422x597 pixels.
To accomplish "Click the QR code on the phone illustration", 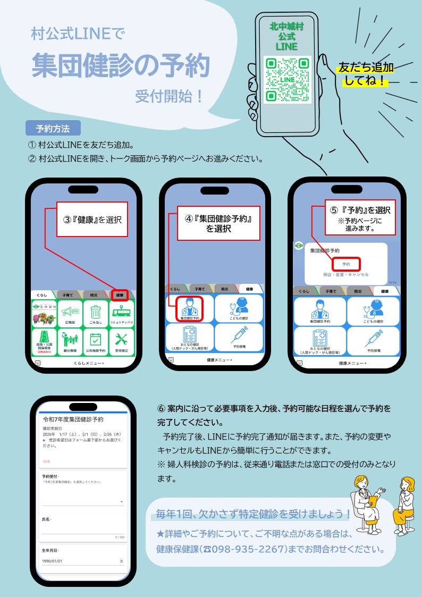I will point(287,79).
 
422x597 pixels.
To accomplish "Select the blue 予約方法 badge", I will point(53,128).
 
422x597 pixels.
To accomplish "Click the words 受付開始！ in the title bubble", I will point(168,97).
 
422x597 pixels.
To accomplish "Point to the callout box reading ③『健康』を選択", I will point(92,219).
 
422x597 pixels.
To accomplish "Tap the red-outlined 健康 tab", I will point(120,295).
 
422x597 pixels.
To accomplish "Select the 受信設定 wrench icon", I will point(121,342).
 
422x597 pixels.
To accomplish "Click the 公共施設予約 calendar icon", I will point(95,342).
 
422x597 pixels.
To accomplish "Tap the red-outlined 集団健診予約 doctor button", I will point(189,309).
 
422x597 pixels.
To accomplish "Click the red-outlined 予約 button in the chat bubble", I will point(346,264).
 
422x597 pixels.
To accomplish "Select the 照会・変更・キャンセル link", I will point(346,274).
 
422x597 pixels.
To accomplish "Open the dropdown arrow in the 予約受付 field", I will point(121,501).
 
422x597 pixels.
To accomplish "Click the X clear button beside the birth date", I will point(121,561).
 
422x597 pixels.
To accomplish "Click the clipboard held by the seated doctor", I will point(373,500).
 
